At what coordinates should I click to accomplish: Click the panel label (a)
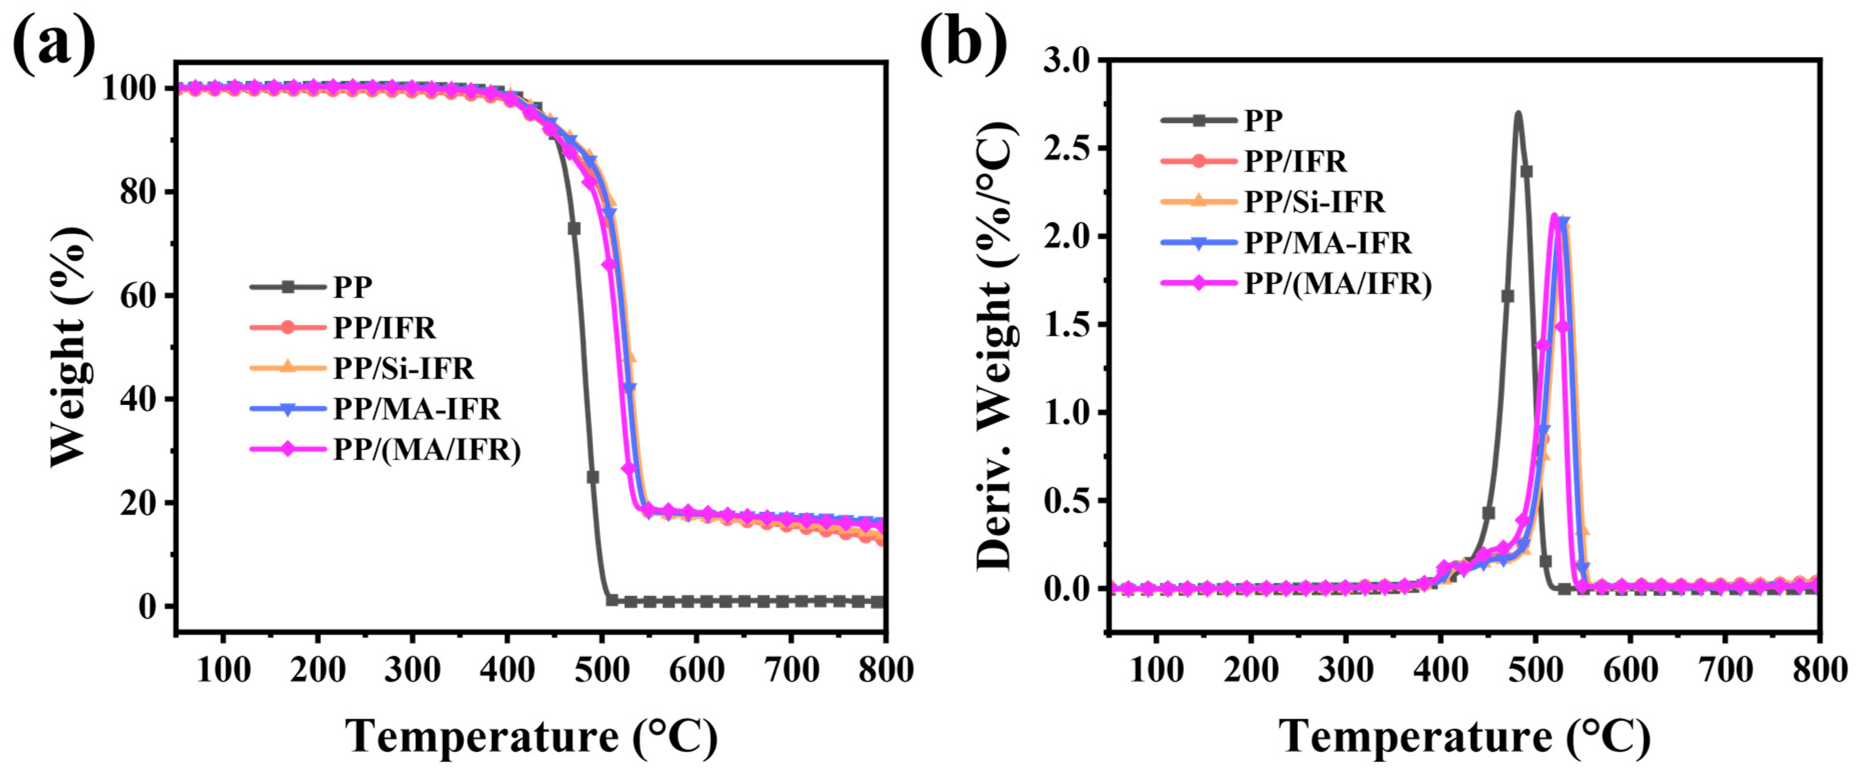[x=54, y=42]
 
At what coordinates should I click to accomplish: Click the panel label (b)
[x=964, y=42]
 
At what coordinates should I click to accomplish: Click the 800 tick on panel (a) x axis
[x=885, y=670]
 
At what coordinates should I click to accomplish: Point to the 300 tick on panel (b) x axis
[x=1345, y=670]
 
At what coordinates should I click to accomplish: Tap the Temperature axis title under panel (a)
[x=532, y=737]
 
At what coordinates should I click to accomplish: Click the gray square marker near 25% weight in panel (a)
[x=592, y=477]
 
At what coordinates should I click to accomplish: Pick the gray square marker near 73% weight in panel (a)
[x=574, y=228]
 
